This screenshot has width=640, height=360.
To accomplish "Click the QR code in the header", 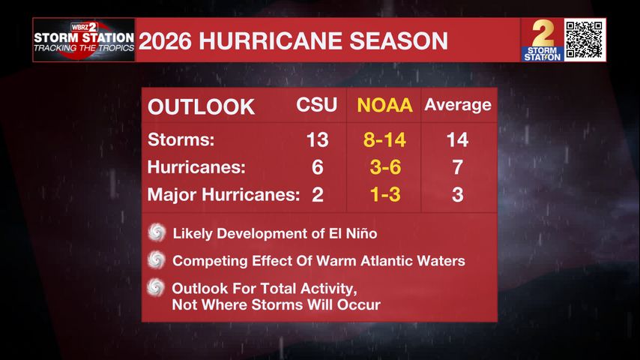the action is click(x=585, y=40).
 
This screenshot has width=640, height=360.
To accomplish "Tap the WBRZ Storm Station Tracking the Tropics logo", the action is click(x=84, y=40).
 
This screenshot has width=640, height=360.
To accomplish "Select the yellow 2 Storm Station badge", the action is click(x=542, y=40).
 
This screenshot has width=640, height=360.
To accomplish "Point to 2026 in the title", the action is click(x=165, y=40).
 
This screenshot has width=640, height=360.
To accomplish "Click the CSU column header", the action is click(x=317, y=104).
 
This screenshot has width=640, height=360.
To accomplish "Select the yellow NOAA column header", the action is click(x=384, y=105).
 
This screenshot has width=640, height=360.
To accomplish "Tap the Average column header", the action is click(x=458, y=105).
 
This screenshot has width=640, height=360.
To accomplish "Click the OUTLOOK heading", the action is click(x=202, y=107).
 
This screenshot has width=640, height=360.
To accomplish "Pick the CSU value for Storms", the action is click(x=317, y=139).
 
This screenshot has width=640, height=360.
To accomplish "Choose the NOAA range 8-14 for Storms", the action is click(x=384, y=139).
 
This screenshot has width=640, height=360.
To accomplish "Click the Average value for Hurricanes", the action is click(x=458, y=167).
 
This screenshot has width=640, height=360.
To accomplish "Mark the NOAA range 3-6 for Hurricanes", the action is click(x=385, y=167).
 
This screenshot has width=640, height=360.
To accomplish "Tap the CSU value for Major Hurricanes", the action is click(x=318, y=194).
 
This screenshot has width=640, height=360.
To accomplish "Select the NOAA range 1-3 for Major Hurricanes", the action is click(x=385, y=194).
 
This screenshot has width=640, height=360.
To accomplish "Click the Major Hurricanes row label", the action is click(x=223, y=194).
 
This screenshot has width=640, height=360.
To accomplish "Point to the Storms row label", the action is click(x=181, y=139).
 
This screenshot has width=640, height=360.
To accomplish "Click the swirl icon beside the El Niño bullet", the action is click(x=157, y=232).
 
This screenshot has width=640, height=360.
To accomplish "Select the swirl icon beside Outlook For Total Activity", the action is click(x=156, y=287).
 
